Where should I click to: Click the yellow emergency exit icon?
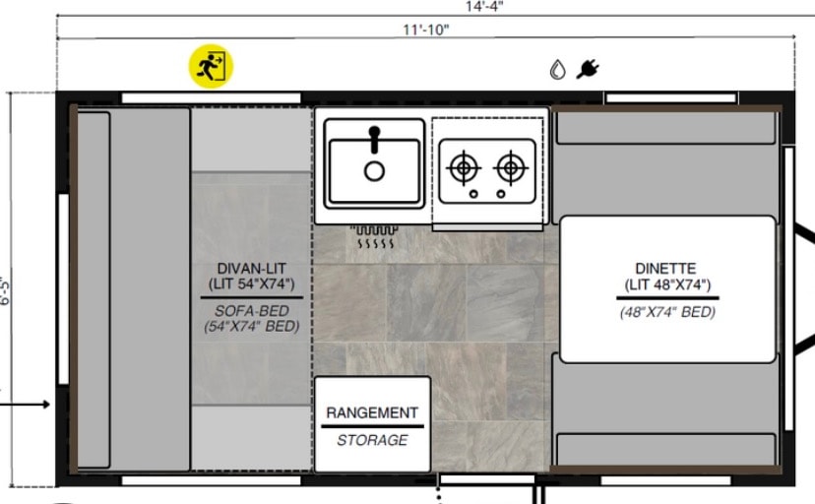[x=211, y=66]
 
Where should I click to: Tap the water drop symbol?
[x=558, y=70]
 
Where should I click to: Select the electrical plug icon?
[x=588, y=69]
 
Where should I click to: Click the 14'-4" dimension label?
[x=484, y=6]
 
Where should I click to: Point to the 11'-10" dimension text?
[x=425, y=30]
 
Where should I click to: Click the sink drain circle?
[x=374, y=171]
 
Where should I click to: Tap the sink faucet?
[x=374, y=139]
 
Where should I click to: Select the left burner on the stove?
[x=464, y=167]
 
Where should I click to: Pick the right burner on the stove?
[x=511, y=167]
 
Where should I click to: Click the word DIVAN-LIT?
[x=252, y=269]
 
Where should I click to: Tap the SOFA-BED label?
[x=252, y=311]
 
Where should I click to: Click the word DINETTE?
[x=665, y=269]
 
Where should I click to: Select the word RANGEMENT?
[x=372, y=413]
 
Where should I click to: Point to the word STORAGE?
[x=372, y=440]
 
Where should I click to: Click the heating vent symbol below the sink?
[x=374, y=236]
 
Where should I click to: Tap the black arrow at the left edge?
[x=25, y=405]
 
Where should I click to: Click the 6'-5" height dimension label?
[x=5, y=291]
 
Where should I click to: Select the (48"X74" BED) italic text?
[x=668, y=312]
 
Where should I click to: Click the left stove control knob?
[x=473, y=194]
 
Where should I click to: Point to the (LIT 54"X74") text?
[x=252, y=284]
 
